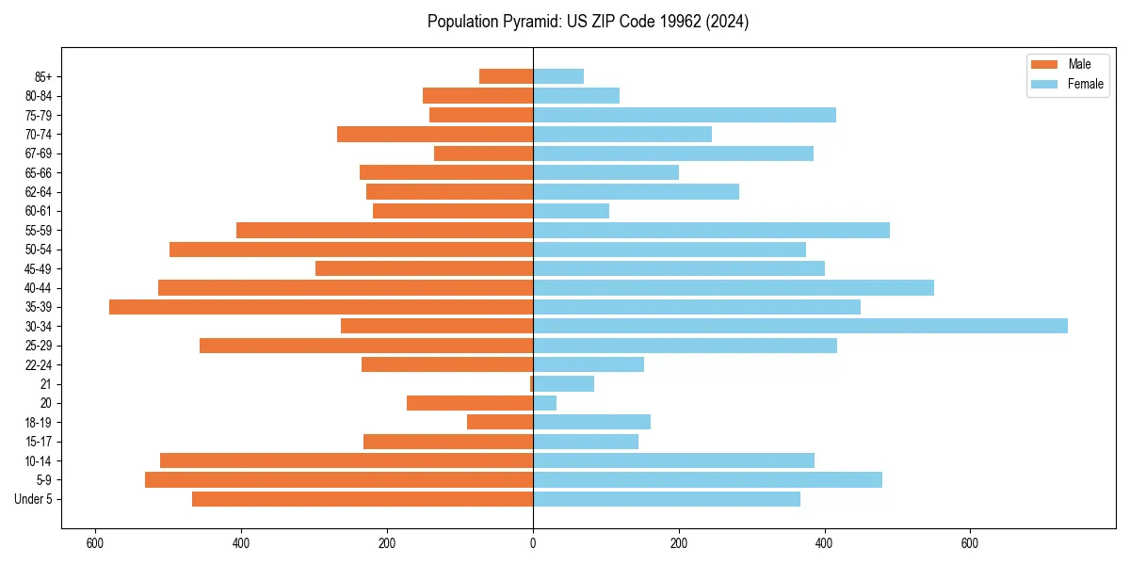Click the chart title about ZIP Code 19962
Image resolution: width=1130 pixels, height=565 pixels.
click(x=588, y=22)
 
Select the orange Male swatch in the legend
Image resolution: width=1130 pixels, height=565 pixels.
click(x=1044, y=64)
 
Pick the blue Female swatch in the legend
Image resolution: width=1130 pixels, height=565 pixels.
click(x=1044, y=84)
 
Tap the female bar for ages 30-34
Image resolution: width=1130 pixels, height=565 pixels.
click(x=800, y=326)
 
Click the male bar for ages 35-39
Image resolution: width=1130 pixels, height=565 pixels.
click(x=321, y=307)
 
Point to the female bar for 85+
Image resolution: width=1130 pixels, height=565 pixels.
click(x=558, y=76)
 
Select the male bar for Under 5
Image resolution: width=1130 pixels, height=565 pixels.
click(x=363, y=499)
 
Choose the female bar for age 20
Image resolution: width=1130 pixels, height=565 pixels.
click(x=545, y=403)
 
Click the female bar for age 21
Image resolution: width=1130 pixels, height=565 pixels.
click(x=564, y=383)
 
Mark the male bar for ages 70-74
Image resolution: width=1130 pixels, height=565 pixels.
click(x=435, y=134)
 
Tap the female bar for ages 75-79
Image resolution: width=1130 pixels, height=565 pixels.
click(x=685, y=115)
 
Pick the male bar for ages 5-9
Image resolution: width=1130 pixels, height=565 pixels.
click(x=339, y=479)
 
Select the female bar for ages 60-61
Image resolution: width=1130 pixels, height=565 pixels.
click(x=572, y=211)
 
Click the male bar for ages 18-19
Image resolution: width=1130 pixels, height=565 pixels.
click(x=500, y=422)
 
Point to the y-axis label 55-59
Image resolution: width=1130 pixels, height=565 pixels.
click(x=39, y=230)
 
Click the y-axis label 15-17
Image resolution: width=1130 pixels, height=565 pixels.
click(x=39, y=442)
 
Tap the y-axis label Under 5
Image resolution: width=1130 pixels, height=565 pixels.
click(x=34, y=499)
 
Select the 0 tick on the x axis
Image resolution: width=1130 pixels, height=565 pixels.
click(x=533, y=542)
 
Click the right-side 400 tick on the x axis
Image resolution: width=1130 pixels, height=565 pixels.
click(x=825, y=542)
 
